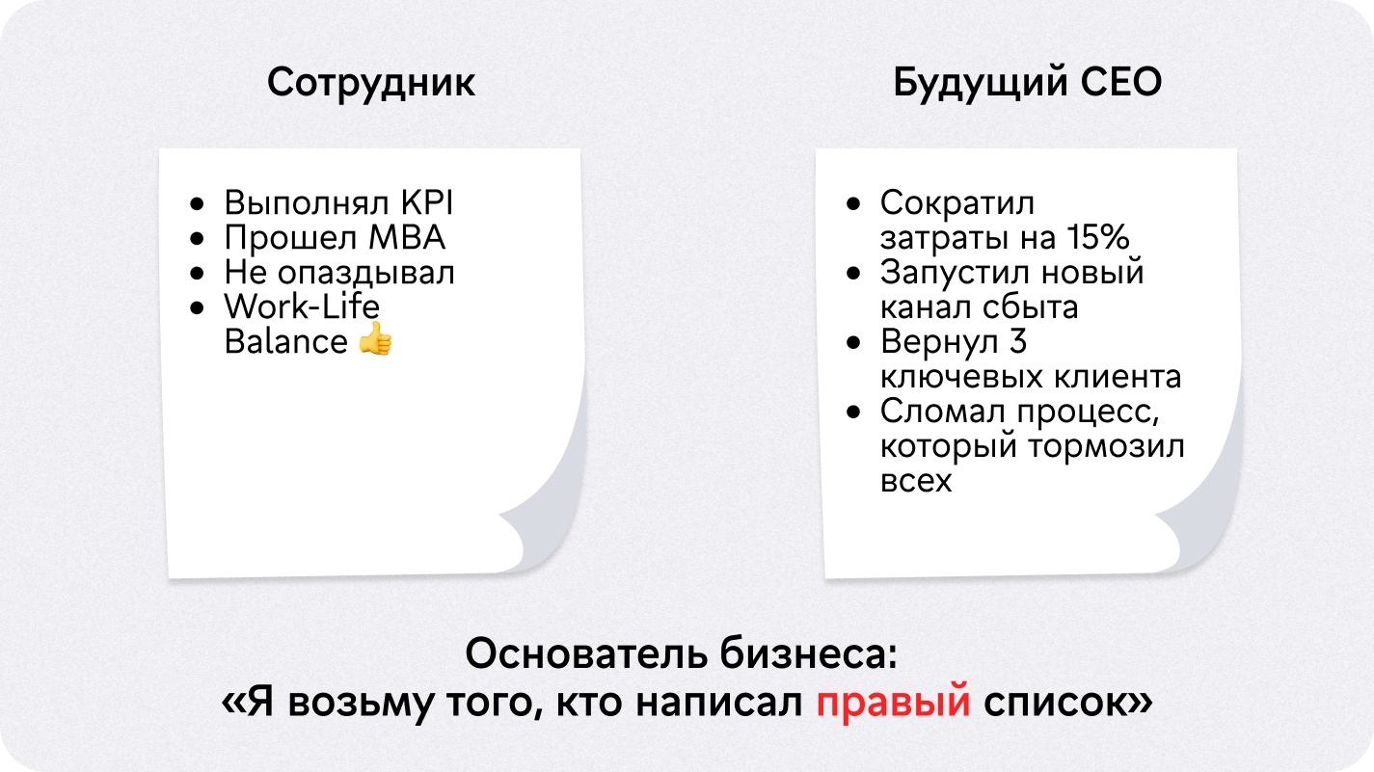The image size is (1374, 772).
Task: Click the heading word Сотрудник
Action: coord(371,84)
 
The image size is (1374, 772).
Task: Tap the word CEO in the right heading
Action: coord(1120,82)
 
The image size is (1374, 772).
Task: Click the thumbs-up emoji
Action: coord(375,338)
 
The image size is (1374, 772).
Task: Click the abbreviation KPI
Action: coord(427,202)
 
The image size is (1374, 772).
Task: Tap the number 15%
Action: coord(1097,237)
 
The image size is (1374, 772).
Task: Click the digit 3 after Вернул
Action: coord(1017,341)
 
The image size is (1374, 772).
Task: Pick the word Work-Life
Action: coord(302,306)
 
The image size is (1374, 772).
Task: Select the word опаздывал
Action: coord(366,274)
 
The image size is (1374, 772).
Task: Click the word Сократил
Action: coord(956,203)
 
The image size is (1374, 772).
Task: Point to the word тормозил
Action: coord(1107,447)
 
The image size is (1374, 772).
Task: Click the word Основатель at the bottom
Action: coord(586,653)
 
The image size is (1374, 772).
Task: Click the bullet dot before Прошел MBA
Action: coord(197,238)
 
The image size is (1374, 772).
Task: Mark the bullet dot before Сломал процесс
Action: coord(853,413)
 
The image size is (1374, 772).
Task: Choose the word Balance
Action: coord(285,341)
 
